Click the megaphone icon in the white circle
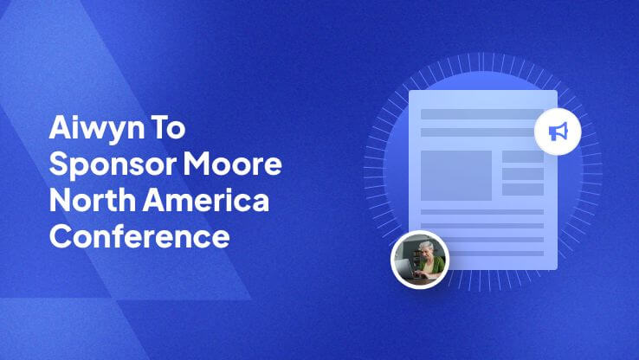[x=558, y=132]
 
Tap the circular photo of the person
[x=420, y=260]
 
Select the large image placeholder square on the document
[x=455, y=175]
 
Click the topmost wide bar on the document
[x=481, y=114]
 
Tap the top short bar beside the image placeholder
[x=523, y=157]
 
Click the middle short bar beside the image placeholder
[x=523, y=173]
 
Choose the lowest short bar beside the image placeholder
[x=523, y=190]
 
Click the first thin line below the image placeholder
[x=481, y=212]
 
